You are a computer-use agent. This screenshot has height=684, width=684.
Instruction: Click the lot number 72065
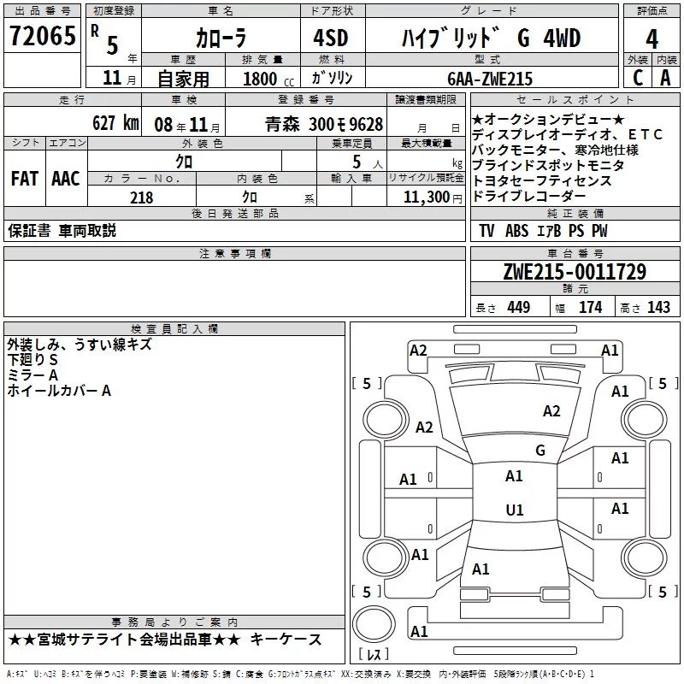(43, 36)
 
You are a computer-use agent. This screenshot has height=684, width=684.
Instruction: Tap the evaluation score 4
(652, 39)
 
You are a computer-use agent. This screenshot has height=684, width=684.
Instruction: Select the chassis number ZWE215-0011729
(575, 271)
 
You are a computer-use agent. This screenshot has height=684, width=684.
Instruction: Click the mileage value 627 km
(115, 123)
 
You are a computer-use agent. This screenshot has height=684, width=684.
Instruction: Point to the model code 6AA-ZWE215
(490, 79)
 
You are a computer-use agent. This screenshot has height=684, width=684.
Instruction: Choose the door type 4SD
(331, 38)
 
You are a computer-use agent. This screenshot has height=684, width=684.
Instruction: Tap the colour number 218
(142, 198)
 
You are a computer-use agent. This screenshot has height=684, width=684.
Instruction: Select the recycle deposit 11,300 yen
(433, 198)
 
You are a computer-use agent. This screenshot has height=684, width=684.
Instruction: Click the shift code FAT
(25, 179)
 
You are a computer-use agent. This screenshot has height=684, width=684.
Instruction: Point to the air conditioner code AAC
(66, 179)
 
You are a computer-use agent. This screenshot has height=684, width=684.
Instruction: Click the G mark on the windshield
(540, 451)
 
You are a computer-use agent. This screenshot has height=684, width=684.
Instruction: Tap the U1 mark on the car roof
(515, 510)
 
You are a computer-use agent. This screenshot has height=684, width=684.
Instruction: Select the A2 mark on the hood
(551, 411)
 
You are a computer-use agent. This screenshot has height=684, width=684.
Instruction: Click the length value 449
(519, 307)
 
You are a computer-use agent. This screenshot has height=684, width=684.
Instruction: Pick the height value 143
(658, 307)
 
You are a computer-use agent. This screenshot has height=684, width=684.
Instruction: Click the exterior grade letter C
(638, 78)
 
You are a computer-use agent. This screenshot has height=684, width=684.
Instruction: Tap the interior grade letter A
(665, 78)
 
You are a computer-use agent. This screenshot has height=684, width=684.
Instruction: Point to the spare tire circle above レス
(374, 624)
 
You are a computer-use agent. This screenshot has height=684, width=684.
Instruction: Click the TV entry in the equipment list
(486, 231)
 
